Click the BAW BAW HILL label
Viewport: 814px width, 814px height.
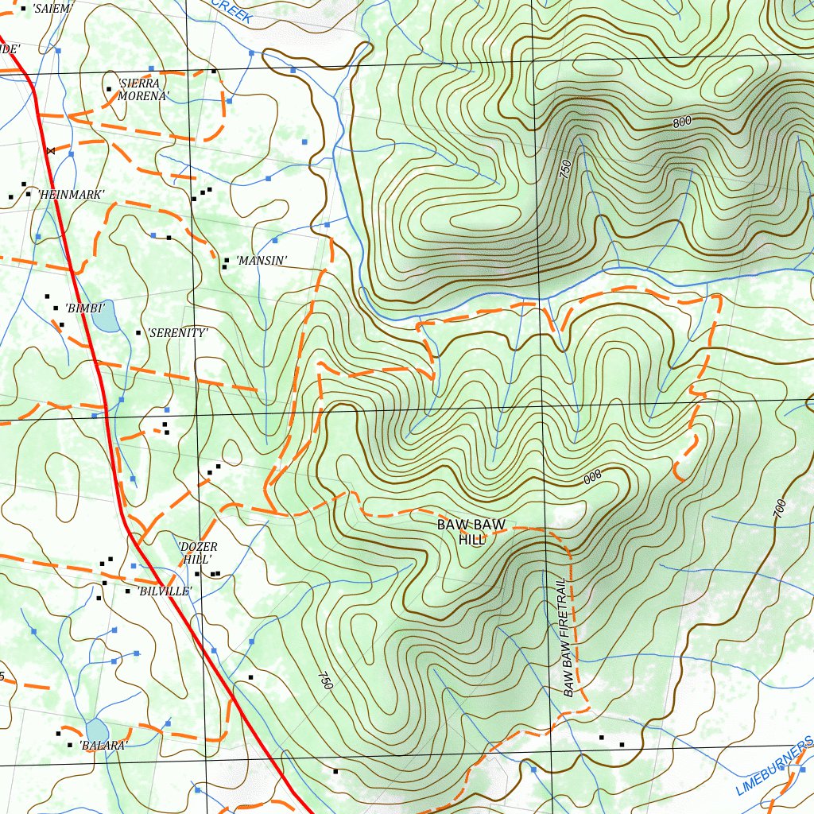pyautogui.click(x=471, y=532)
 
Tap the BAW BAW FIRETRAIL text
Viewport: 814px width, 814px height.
pyautogui.click(x=568, y=637)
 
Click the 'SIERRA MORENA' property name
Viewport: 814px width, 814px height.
pyautogui.click(x=143, y=89)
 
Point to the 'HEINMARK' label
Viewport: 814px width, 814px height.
pyautogui.click(x=71, y=194)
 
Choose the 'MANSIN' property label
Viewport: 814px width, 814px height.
pyautogui.click(x=261, y=260)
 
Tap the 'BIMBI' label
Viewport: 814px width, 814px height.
pyautogui.click(x=84, y=307)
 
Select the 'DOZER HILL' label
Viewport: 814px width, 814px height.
pyautogui.click(x=198, y=553)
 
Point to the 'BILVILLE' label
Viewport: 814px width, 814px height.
pyautogui.click(x=164, y=591)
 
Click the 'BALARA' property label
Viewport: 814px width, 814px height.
pyautogui.click(x=103, y=745)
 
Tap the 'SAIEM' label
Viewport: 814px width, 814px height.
pyautogui.click(x=52, y=9)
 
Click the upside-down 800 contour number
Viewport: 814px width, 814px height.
pyautogui.click(x=592, y=477)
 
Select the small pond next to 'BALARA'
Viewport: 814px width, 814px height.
pyautogui.click(x=97, y=730)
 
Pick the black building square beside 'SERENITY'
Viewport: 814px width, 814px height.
pyautogui.click(x=139, y=333)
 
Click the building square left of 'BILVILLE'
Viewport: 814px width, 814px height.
pyautogui.click(x=127, y=591)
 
